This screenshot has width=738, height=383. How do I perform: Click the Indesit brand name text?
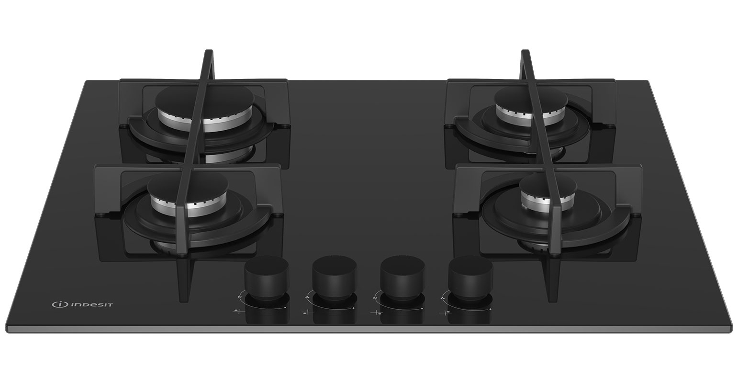point(92,304)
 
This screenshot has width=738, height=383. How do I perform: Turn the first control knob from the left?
point(267,278)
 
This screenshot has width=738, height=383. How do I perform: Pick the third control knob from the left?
point(403,277)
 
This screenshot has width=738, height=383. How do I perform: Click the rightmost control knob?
point(471,277)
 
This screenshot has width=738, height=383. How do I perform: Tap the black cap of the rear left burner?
point(204,99)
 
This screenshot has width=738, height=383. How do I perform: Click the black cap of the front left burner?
point(187,186)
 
